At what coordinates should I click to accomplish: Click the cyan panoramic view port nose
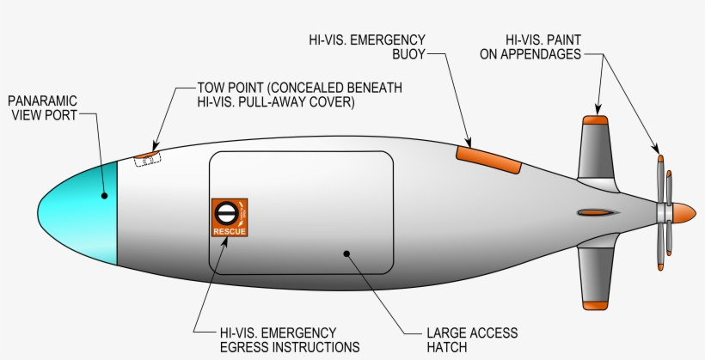(x=82, y=211)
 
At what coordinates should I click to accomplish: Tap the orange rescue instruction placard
(x=230, y=217)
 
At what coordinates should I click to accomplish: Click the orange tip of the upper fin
(x=596, y=119)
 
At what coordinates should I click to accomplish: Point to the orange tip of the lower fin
(x=595, y=303)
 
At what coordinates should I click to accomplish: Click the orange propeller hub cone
(x=683, y=211)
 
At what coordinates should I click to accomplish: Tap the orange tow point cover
(x=147, y=157)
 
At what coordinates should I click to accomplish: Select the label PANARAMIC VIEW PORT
(x=42, y=107)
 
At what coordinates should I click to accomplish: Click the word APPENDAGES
(x=542, y=53)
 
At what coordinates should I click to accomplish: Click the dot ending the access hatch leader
(x=346, y=253)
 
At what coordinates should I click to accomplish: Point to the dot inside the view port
(x=105, y=195)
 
